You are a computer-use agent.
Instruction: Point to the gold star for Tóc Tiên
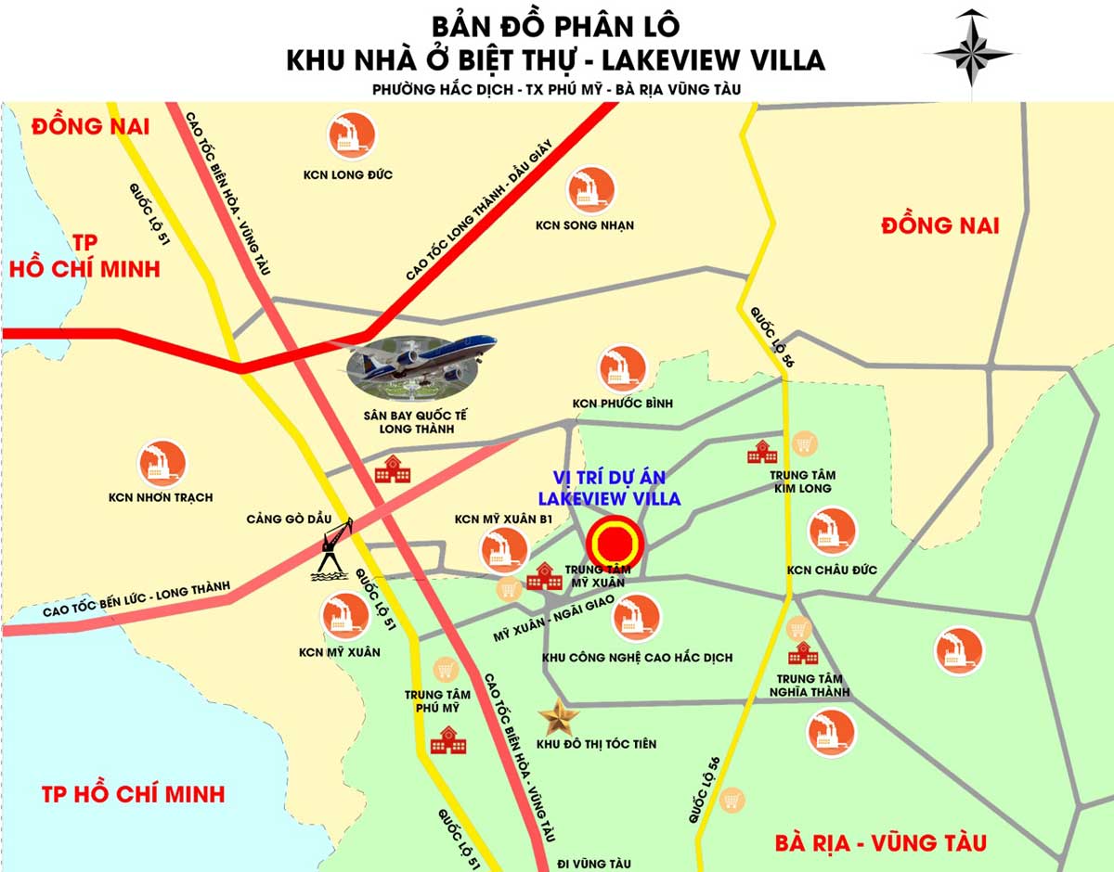[559, 716]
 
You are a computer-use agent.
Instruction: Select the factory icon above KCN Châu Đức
[832, 532]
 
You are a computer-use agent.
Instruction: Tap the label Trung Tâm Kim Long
[800, 481]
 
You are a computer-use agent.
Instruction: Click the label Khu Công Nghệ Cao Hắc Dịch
[637, 658]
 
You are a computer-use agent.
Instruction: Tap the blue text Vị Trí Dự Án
[614, 477]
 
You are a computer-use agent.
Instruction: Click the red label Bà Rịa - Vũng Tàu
[880, 843]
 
